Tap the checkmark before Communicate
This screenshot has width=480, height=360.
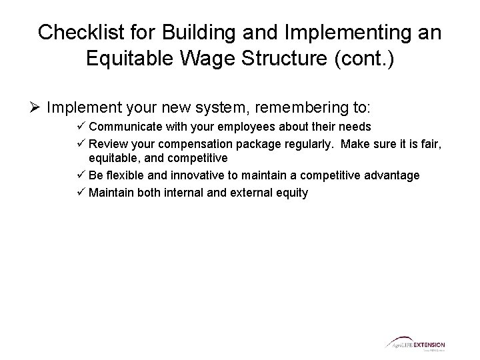click(x=81, y=127)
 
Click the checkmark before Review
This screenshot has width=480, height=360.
click(x=81, y=143)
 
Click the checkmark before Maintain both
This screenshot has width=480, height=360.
click(x=81, y=193)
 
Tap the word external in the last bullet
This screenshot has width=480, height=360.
click(x=245, y=193)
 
